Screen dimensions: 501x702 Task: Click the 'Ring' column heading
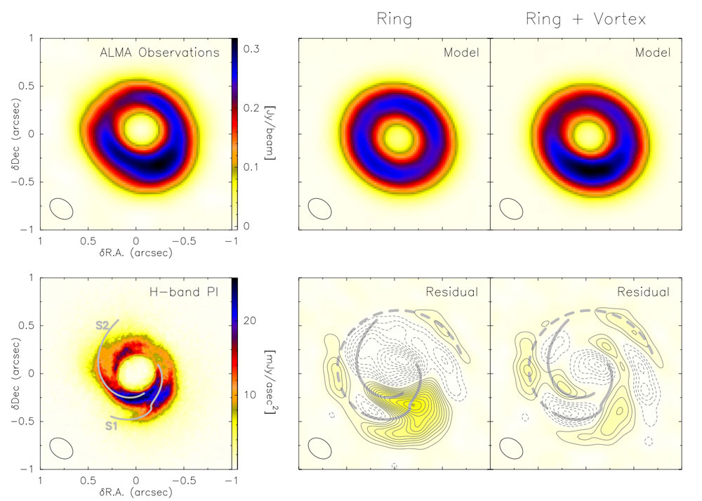click(x=392, y=19)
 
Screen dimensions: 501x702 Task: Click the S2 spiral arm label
click(x=103, y=326)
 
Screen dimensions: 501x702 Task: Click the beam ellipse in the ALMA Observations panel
click(x=62, y=209)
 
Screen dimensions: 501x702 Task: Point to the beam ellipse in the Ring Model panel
click(x=321, y=209)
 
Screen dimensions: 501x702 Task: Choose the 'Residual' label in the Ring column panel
click(x=458, y=292)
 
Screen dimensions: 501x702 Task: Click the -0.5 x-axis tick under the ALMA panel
click(x=184, y=240)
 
